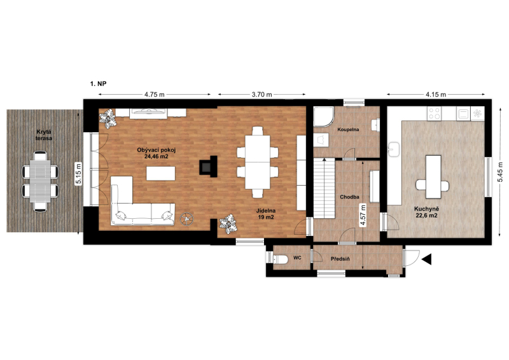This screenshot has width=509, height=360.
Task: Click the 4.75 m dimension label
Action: (x=155, y=95)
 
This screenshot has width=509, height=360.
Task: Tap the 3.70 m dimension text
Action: (x=261, y=95)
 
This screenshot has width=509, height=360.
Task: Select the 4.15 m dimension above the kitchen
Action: (x=436, y=95)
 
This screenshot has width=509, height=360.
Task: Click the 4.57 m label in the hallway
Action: (x=363, y=214)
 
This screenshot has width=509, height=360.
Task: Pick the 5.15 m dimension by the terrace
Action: (x=79, y=174)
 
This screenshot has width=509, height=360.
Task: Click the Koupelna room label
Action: (x=348, y=130)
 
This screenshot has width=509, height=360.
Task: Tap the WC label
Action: (x=297, y=258)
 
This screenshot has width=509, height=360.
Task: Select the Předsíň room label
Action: (x=340, y=259)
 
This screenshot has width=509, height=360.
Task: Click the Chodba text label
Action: (x=349, y=197)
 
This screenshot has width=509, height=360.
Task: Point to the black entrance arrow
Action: (x=426, y=260)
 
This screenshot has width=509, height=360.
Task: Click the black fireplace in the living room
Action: (x=208, y=167)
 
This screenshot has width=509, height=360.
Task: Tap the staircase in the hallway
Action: (x=324, y=188)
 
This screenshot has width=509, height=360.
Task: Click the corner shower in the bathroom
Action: (x=323, y=117)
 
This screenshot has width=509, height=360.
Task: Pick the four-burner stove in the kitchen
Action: (x=434, y=113)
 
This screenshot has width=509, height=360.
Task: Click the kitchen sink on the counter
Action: (x=394, y=149)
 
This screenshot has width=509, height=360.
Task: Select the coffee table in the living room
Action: (x=161, y=174)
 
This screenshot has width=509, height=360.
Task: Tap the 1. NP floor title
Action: (x=98, y=84)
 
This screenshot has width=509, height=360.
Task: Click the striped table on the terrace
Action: (x=40, y=181)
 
